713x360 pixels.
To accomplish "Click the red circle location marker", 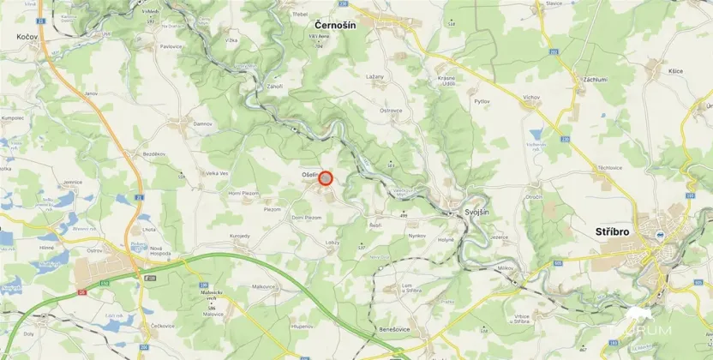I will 326,178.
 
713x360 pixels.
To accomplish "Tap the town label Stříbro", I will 613,232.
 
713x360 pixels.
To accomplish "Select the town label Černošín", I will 335,26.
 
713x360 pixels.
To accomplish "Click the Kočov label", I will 26,37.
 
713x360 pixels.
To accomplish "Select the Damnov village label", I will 202,124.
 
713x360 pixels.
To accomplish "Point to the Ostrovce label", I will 391,111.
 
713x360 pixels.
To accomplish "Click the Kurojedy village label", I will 239,236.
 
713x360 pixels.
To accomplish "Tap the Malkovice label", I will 262,287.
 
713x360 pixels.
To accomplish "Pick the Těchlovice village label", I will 609,168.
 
